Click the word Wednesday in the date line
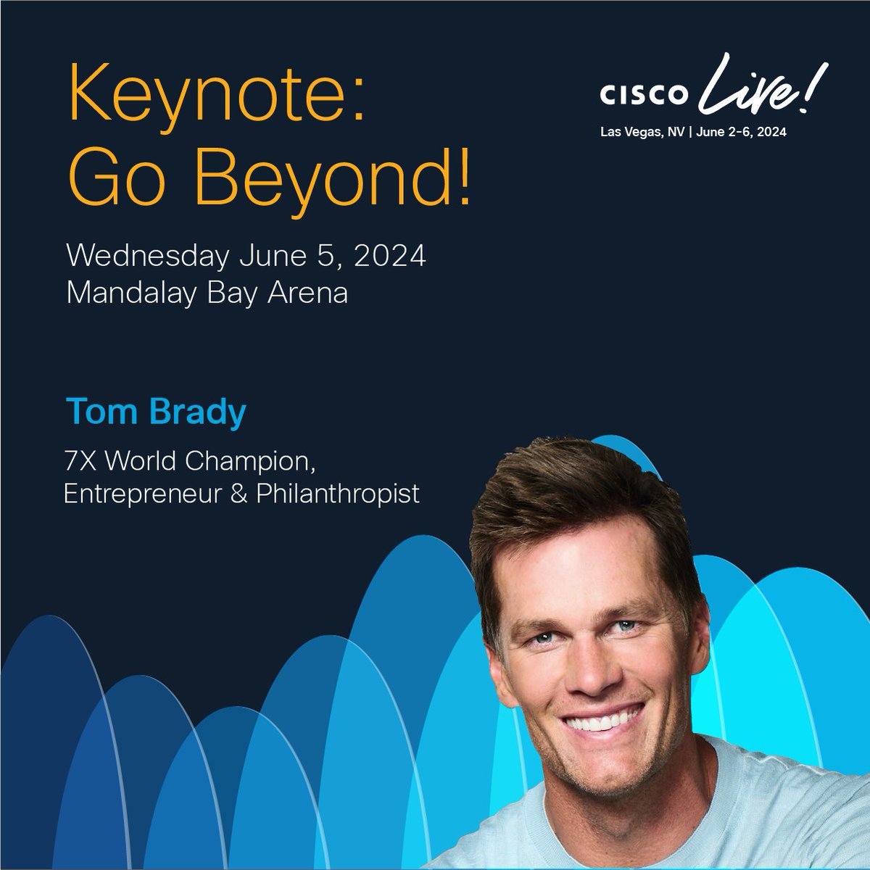coord(146,257)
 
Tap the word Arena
coord(309,293)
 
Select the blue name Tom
coord(101,412)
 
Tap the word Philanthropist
coord(338,494)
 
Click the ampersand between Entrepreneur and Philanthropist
coord(241,494)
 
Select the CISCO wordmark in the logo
coord(642,95)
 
